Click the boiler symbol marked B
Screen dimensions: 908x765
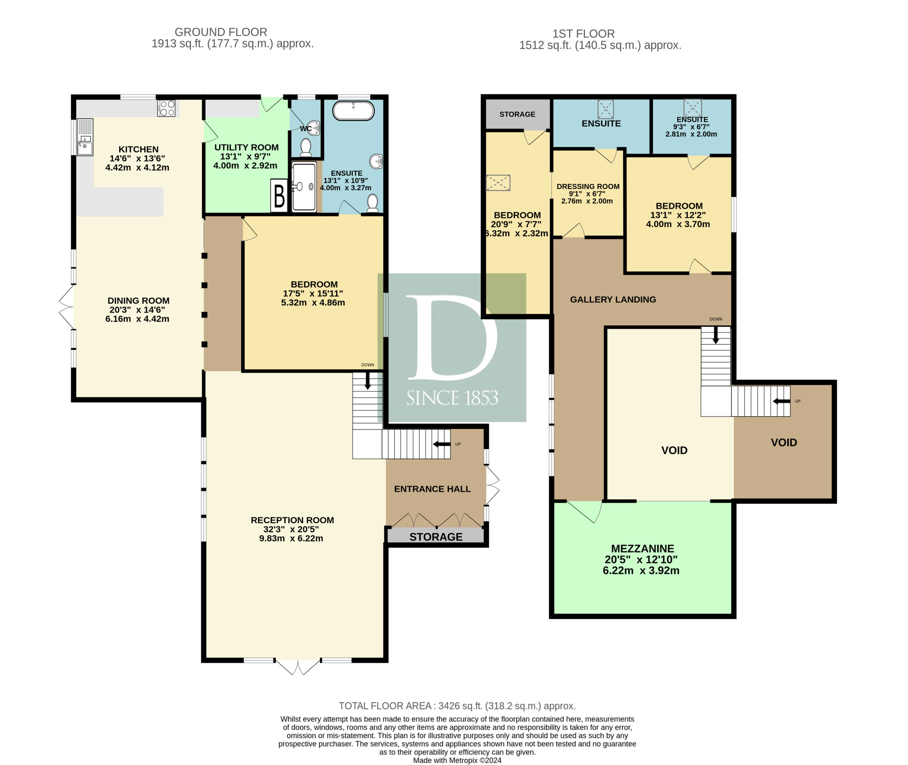279,196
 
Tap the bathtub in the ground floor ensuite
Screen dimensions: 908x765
353,111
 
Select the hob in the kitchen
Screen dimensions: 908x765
166,109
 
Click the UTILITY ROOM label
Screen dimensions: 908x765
246,148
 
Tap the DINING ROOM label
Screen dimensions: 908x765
138,301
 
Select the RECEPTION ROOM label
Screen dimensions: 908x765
292,520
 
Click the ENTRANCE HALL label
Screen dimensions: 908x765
432,489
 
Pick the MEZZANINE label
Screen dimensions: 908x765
642,549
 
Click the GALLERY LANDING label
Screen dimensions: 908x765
613,299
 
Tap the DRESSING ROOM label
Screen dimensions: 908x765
588,187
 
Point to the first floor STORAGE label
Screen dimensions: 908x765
517,114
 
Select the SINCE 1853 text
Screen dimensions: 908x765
452,398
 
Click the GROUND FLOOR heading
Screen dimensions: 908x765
221,32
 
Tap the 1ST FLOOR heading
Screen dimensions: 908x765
583,34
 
